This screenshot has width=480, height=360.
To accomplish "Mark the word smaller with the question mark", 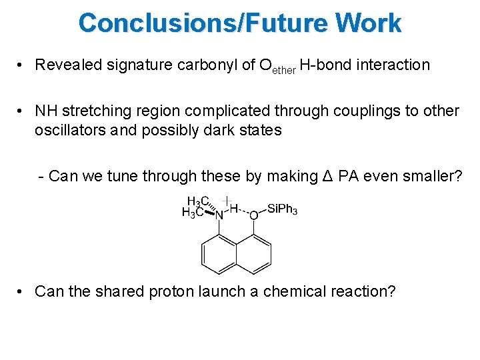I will point(427,176).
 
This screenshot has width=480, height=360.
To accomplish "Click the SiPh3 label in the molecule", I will point(282,210).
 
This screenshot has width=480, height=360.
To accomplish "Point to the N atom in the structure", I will point(218,215).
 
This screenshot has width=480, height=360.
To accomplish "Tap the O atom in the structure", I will point(253,215).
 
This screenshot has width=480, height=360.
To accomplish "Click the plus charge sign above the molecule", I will point(227,199).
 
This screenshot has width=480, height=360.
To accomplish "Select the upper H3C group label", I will point(198,201).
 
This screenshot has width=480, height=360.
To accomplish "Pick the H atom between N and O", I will point(233,209).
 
